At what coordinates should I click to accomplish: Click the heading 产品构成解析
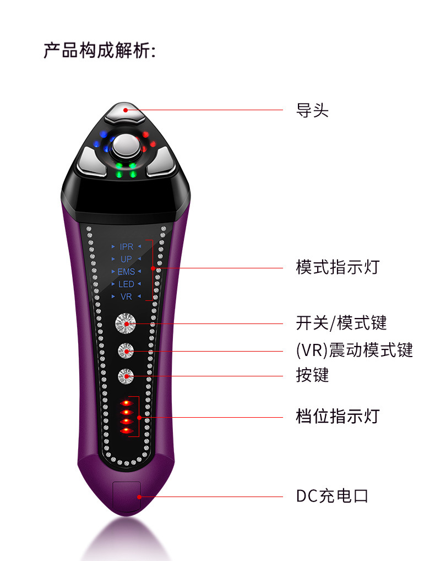coord(99,51)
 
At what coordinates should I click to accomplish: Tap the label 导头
coord(312,110)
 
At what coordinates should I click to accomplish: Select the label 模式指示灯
coord(338,268)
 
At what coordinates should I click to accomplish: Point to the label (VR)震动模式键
coord(354,350)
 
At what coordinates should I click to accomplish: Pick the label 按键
coord(312,375)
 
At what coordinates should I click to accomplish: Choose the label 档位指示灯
coord(338,416)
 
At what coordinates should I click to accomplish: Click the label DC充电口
coord(332,496)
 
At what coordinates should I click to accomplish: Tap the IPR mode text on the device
coord(127,246)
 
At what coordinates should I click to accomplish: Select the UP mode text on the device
coord(127,259)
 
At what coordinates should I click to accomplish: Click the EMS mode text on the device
coord(126,272)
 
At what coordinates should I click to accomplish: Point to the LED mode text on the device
coord(126,284)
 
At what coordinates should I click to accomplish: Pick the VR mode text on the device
coord(126,297)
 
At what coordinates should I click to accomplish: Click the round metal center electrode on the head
coord(127,146)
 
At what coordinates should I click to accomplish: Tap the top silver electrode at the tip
coord(125,112)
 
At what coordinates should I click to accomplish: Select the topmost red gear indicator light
coord(127,403)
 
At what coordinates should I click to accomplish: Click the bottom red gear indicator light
coord(127,430)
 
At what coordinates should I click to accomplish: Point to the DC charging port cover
coord(127,498)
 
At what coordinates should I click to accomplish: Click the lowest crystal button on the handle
coord(126,376)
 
